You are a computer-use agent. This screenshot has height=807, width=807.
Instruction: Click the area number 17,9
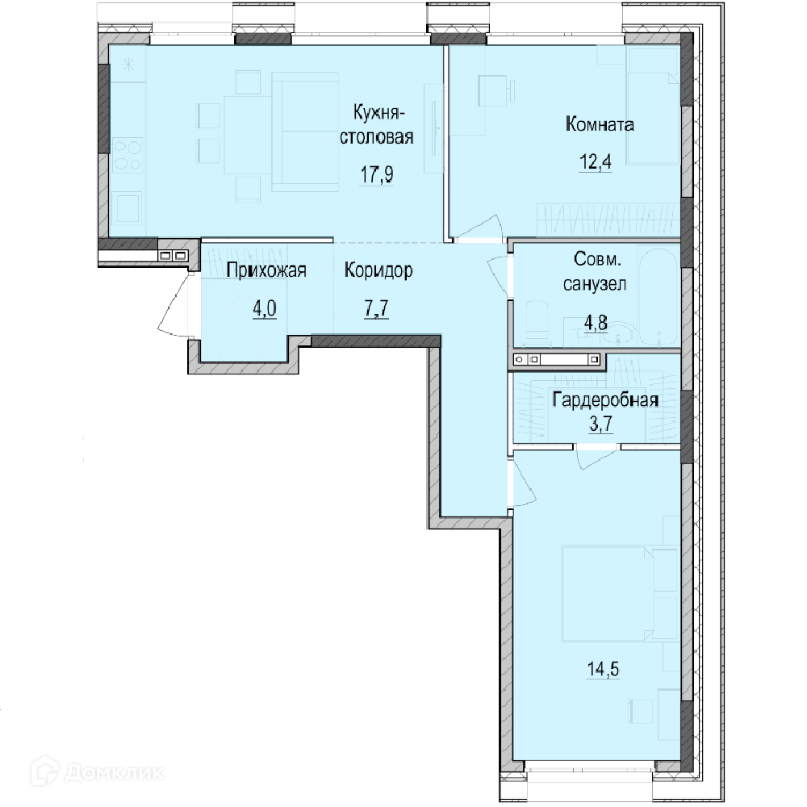tap(377, 174)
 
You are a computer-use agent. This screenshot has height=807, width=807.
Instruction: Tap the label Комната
tap(600, 124)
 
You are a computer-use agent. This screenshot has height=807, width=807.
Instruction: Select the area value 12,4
tap(596, 161)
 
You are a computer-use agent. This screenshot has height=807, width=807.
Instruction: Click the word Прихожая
tap(266, 270)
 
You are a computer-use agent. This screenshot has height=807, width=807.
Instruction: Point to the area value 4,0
tap(264, 309)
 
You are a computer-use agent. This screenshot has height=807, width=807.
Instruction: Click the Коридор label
tap(378, 270)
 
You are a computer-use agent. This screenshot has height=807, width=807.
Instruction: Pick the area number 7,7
tap(376, 309)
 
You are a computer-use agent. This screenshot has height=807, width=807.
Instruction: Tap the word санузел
tap(595, 284)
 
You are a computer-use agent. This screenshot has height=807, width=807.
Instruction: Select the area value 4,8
tap(596, 323)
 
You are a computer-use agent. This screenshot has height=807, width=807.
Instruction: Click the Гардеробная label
tap(605, 400)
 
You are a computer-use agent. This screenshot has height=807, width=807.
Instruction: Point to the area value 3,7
tap(601, 424)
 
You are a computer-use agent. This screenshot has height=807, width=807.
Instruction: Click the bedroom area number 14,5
tap(603, 669)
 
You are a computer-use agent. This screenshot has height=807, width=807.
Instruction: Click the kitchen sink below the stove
tap(128, 208)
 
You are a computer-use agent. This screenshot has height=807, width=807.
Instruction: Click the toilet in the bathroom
tap(536, 323)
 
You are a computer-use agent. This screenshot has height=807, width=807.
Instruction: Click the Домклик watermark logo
tap(97, 772)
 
